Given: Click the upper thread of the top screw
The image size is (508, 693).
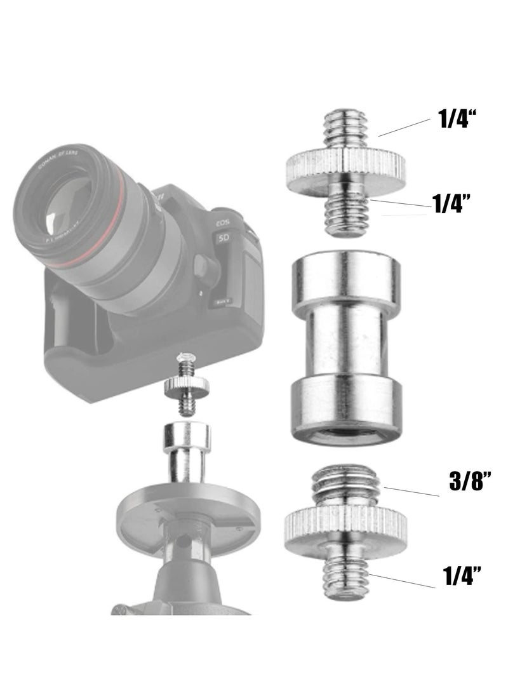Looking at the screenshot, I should (x=346, y=130).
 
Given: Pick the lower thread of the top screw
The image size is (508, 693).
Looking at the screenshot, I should (x=346, y=210).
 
